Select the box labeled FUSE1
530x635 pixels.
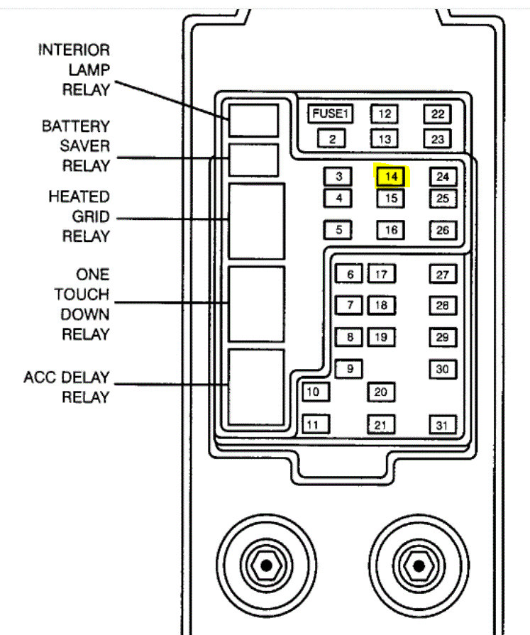330,114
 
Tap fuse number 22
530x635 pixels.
438,114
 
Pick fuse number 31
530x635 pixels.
442,425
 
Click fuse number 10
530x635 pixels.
315,392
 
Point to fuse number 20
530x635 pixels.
381,392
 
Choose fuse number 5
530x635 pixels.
338,230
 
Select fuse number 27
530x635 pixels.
442,275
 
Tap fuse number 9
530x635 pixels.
348,369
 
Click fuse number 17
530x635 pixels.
381,275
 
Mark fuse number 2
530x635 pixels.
331,138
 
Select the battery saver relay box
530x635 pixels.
253,160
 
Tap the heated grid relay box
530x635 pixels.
255,221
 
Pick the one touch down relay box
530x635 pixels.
255,304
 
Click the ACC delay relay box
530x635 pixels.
255,387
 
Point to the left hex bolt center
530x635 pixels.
265,565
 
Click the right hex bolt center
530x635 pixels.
419,565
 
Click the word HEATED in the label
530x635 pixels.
79,197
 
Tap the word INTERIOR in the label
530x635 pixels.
74,51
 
